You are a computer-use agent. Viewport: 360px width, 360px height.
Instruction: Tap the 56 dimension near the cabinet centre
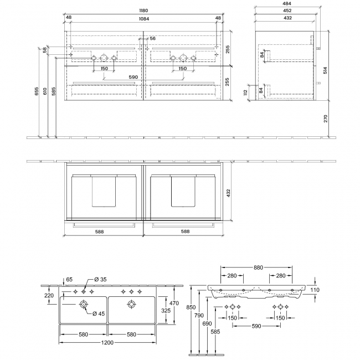[x=153, y=39]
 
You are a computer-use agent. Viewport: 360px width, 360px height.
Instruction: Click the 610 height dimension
[x=45, y=91]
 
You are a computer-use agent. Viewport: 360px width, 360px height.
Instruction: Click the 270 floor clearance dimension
[x=326, y=119]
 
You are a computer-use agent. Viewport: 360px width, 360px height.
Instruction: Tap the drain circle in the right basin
[x=132, y=304]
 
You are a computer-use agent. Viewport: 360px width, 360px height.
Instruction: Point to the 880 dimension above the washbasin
[x=258, y=268]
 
